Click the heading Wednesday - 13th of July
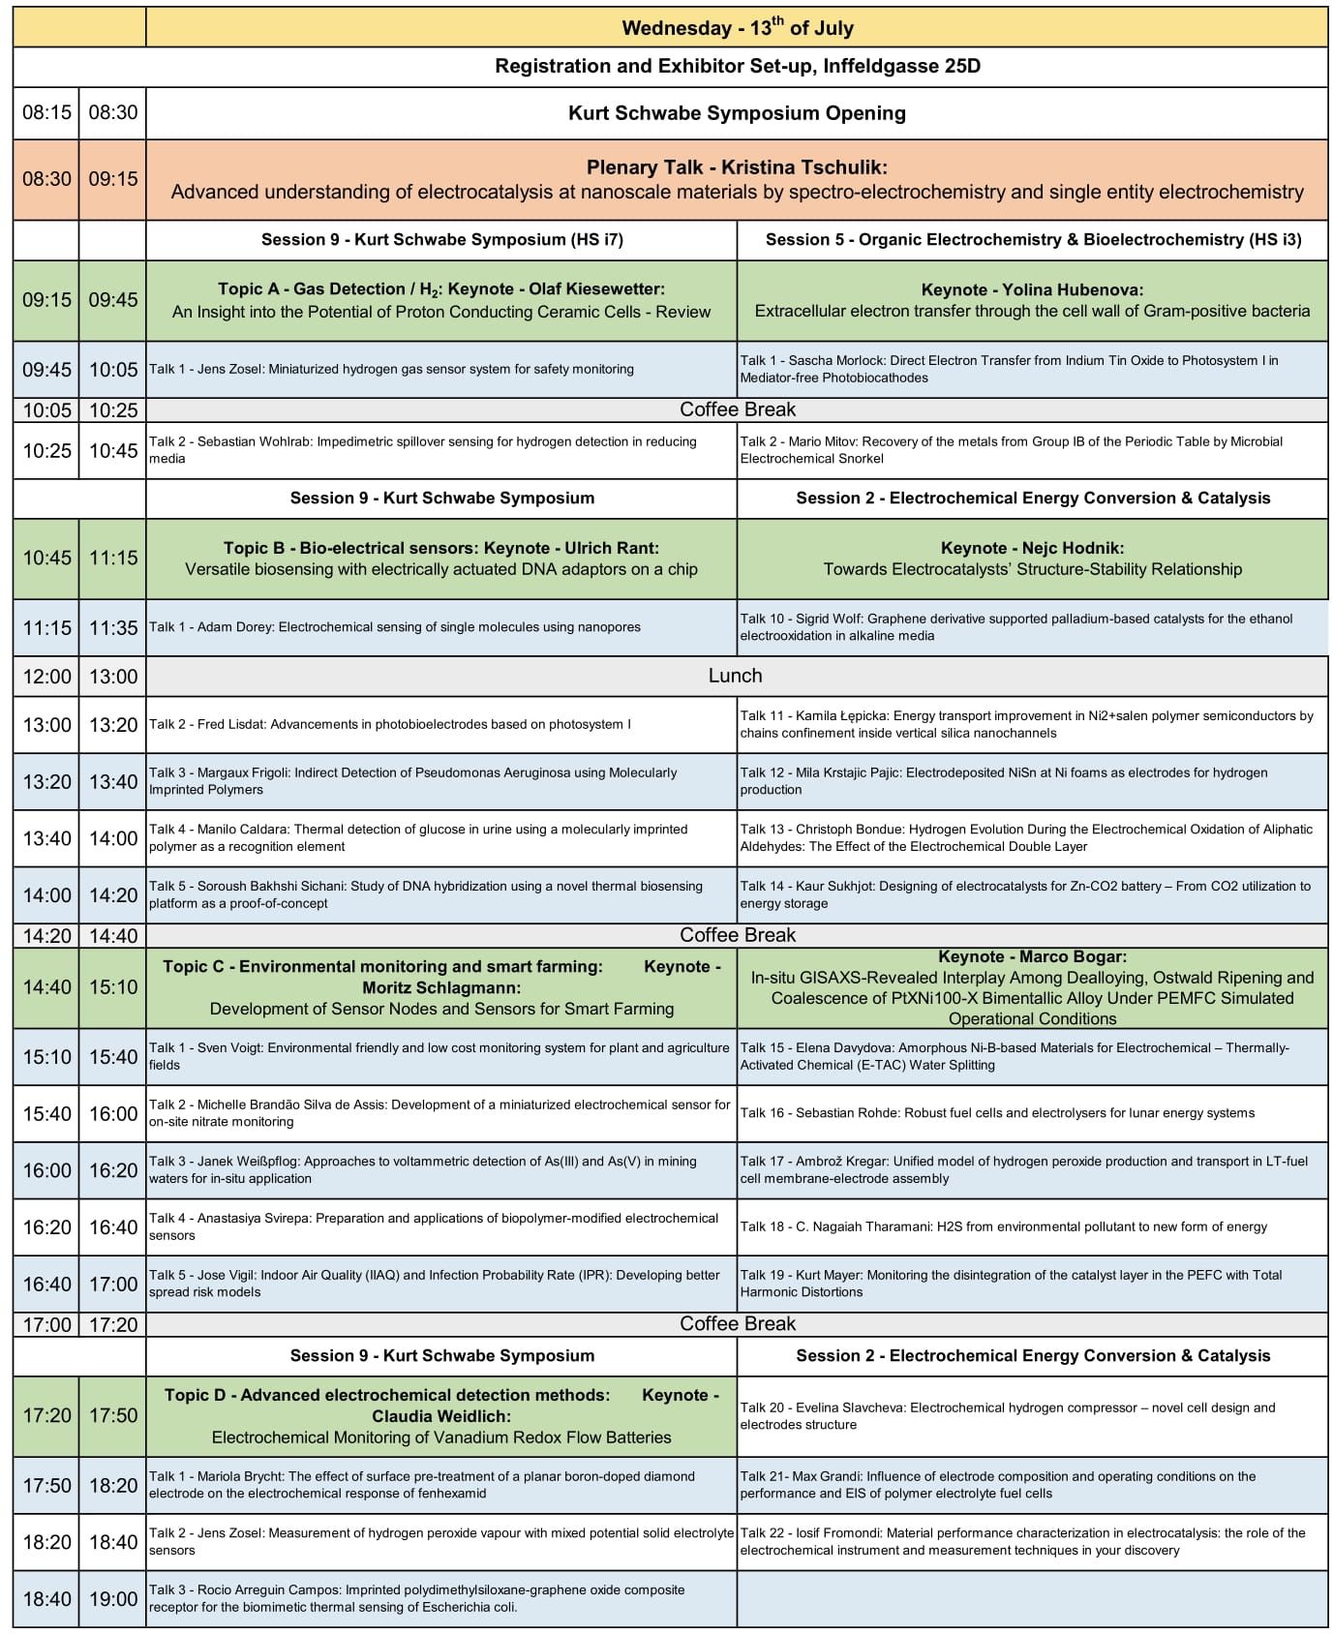(737, 28)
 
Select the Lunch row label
(735, 676)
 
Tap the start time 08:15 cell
(46, 112)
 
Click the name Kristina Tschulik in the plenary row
(803, 167)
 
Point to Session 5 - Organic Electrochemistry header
(1032, 240)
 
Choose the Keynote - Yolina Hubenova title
(1032, 289)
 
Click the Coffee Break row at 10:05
(737, 409)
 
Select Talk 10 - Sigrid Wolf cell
(1032, 627)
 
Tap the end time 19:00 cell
(113, 1599)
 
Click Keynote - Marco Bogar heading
(1032, 956)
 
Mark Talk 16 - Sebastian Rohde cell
(997, 1113)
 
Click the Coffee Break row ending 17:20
(737, 1323)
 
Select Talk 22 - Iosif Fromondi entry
(1032, 1542)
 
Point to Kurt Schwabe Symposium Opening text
(737, 113)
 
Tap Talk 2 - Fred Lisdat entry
(389, 724)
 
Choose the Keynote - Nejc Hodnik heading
(1032, 548)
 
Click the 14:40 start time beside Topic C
(46, 987)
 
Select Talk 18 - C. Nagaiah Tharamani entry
(1003, 1226)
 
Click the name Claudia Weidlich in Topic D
(441, 1416)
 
